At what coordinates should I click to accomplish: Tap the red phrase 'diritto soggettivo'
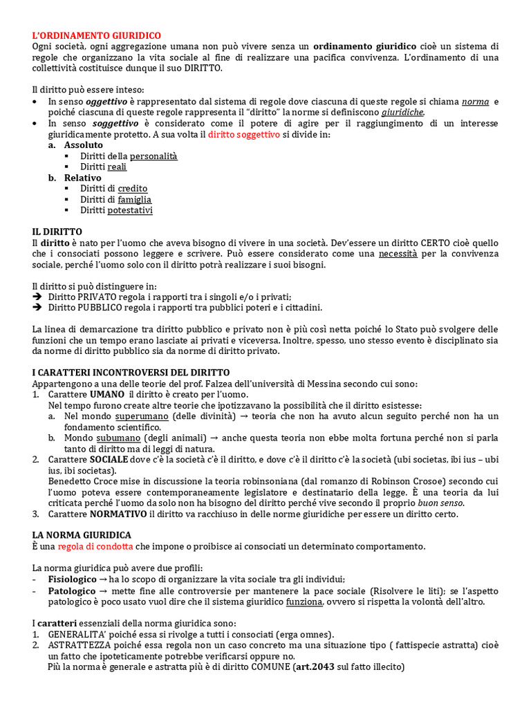coord(243,134)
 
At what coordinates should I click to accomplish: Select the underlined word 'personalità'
coord(153,156)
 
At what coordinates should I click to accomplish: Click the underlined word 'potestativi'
coord(130,210)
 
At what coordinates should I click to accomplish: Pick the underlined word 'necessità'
coord(398,254)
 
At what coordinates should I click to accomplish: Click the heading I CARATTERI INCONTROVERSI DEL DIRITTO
coord(131,372)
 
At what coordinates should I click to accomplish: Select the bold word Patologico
coord(72,590)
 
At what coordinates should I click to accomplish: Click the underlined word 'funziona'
coord(304,602)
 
